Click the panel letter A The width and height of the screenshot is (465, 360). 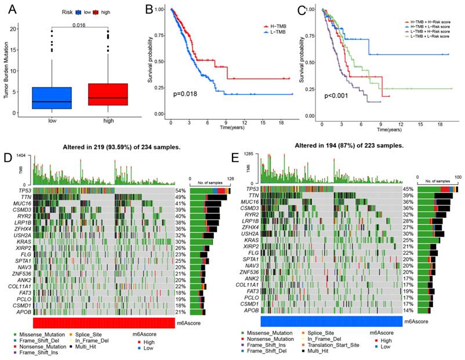tap(9, 8)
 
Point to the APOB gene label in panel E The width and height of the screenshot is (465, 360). tap(251, 311)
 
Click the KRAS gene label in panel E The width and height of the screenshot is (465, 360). tap(252, 240)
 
